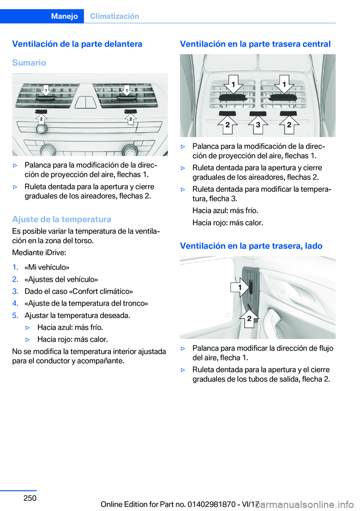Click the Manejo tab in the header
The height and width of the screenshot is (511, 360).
click(64, 16)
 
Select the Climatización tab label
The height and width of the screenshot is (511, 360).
click(114, 16)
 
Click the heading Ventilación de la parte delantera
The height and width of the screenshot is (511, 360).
click(77, 44)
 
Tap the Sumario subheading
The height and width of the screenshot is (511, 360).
click(29, 63)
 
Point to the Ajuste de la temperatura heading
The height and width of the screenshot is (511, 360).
click(61, 219)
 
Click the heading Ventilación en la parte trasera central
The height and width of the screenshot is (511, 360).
click(255, 44)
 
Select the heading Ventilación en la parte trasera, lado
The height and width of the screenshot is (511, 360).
click(251, 246)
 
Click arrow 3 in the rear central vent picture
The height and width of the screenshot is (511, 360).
click(258, 125)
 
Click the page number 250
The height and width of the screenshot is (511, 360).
click(30, 498)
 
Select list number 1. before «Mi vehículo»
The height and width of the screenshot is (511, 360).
click(15, 267)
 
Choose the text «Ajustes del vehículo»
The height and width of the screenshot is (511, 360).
click(61, 279)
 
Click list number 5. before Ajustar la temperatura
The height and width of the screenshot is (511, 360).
click(15, 315)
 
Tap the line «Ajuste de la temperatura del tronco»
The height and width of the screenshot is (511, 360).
click(86, 303)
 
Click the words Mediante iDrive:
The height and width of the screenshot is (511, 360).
click(39, 252)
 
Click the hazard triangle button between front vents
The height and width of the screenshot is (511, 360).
click(86, 102)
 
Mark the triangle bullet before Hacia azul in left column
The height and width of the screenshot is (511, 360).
click(27, 328)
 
